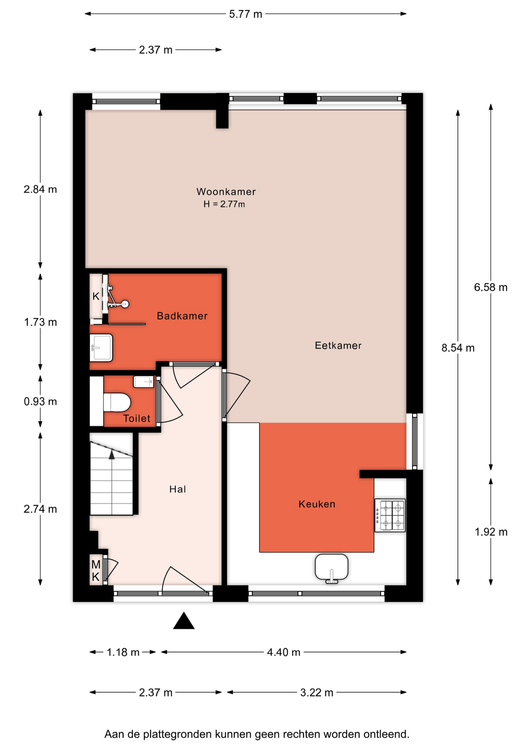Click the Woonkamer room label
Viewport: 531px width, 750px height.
(226, 192)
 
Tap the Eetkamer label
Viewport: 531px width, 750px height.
(338, 345)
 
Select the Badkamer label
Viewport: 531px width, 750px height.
(182, 316)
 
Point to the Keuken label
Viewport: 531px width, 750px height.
(317, 504)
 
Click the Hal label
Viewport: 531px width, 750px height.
(178, 489)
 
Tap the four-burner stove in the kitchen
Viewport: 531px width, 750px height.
(390, 515)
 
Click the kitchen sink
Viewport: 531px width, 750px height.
(332, 568)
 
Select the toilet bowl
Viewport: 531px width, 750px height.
(117, 402)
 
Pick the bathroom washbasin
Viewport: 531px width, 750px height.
(102, 348)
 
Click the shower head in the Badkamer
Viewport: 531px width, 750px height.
(125, 304)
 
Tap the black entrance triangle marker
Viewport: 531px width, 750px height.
(184, 621)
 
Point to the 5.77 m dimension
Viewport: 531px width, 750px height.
(246, 14)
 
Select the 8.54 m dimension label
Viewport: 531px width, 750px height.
(458, 348)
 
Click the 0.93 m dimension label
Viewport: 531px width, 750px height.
(40, 401)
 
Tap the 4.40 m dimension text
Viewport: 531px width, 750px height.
(283, 652)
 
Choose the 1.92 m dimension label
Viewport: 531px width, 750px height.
(491, 532)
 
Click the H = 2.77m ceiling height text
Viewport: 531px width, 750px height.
(224, 204)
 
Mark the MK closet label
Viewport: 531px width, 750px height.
(96, 570)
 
